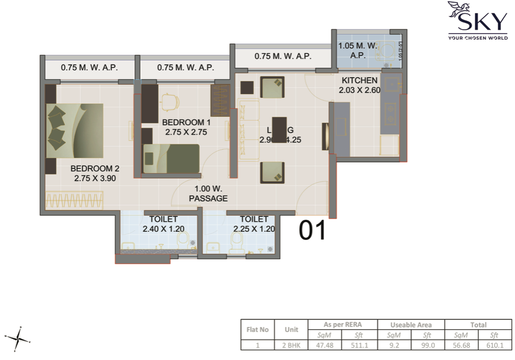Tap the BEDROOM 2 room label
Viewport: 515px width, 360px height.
pyautogui.click(x=95, y=173)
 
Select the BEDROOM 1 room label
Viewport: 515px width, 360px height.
pyautogui.click(x=186, y=127)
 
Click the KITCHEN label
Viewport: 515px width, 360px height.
pyautogui.click(x=360, y=85)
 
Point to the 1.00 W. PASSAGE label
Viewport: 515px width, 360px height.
pyautogui.click(x=208, y=194)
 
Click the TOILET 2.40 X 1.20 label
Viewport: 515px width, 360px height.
pyautogui.click(x=163, y=224)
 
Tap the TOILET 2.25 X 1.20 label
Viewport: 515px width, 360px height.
pyautogui.click(x=254, y=224)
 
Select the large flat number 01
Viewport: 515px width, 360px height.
pyautogui.click(x=313, y=231)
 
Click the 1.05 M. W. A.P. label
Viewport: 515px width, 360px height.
pyautogui.click(x=357, y=51)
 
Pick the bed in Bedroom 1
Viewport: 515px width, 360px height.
pyautogui.click(x=171, y=159)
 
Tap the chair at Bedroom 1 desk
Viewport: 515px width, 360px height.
pyautogui.click(x=171, y=102)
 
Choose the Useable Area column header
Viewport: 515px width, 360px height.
pyautogui.click(x=410, y=325)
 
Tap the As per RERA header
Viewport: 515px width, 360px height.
pyautogui.click(x=343, y=325)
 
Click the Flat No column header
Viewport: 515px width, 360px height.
pyautogui.click(x=257, y=330)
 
